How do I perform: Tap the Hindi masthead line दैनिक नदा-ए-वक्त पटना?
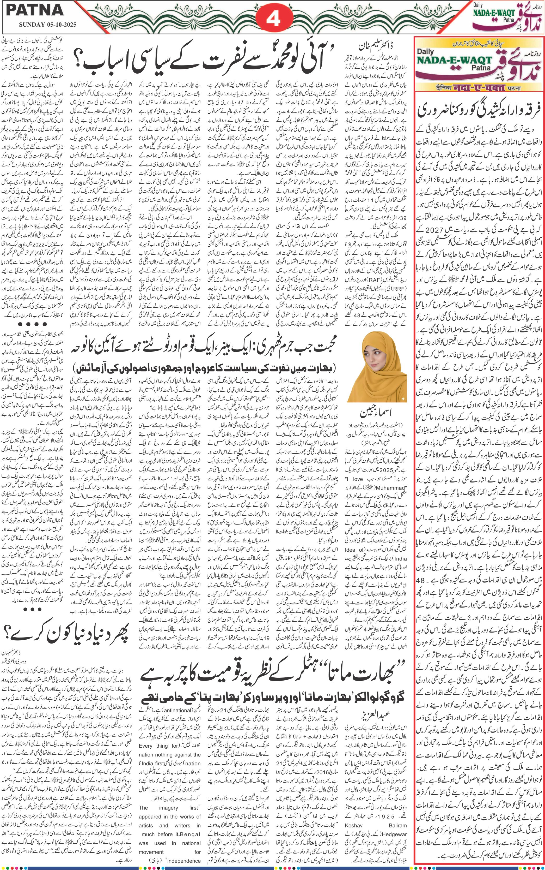click(x=479, y=88)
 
